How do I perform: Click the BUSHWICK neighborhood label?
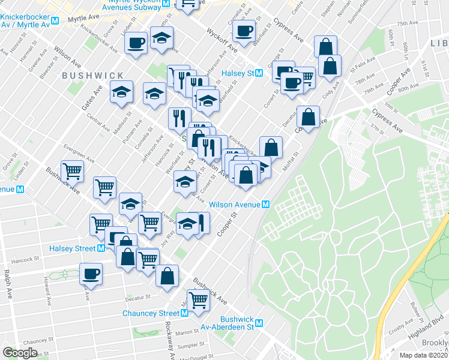tap(92, 76)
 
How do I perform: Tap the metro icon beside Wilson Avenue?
tap(265, 204)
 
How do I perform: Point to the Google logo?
tap(20, 352)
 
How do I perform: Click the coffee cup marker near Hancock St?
tap(91, 274)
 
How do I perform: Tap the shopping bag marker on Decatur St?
tap(308, 118)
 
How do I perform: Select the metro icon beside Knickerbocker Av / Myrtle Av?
tap(55, 20)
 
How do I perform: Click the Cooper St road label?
tap(226, 224)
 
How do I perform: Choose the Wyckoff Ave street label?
tap(219, 38)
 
